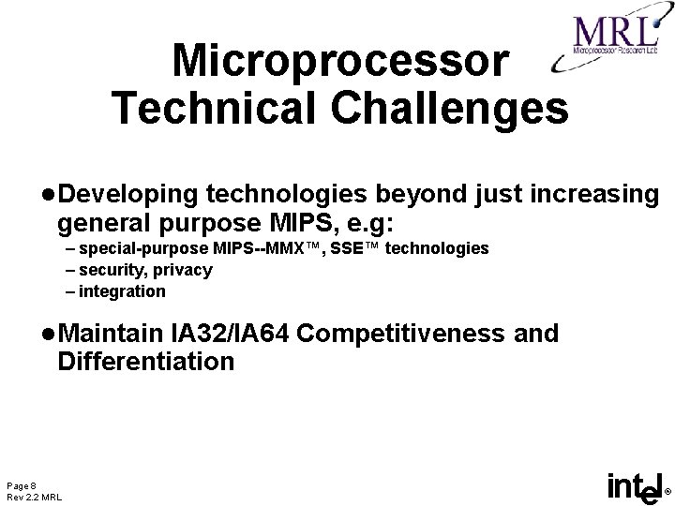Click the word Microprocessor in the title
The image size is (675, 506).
[x=341, y=62]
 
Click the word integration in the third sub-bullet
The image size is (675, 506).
[x=122, y=291]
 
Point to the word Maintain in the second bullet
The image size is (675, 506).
[x=112, y=334]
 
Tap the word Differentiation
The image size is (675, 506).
[x=145, y=361]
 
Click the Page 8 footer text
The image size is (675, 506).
[x=22, y=484]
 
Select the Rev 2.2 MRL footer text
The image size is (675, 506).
[x=34, y=496]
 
